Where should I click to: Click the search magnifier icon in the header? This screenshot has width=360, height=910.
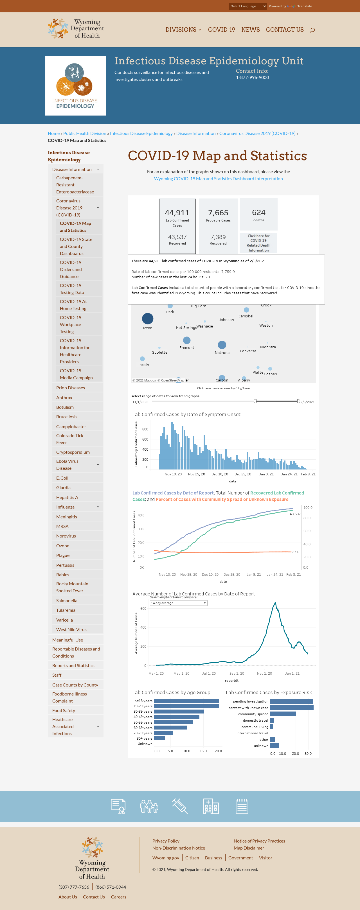click(x=312, y=30)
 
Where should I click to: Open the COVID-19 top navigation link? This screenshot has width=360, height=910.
click(x=222, y=30)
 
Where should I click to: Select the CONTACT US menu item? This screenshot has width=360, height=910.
click(x=285, y=30)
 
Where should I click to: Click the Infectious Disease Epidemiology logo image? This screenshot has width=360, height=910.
click(x=76, y=85)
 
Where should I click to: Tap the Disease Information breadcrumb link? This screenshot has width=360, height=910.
click(x=196, y=133)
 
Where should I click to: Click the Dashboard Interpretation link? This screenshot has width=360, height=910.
click(x=218, y=179)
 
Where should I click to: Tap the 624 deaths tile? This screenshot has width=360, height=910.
click(x=258, y=214)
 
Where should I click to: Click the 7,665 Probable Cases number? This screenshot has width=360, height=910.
click(x=218, y=213)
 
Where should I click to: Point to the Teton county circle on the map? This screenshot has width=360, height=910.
click(x=148, y=319)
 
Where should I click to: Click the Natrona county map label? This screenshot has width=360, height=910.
click(x=222, y=353)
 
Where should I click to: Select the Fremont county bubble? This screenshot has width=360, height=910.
click(x=187, y=340)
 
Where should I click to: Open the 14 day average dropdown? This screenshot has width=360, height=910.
click(x=178, y=603)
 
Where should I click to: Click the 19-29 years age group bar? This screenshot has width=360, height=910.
click(x=186, y=706)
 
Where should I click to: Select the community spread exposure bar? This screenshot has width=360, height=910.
click(x=283, y=714)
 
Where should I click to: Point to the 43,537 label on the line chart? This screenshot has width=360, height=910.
click(x=295, y=514)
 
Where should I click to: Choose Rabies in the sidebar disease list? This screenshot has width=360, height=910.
click(x=62, y=575)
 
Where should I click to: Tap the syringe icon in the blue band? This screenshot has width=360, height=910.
click(x=180, y=806)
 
